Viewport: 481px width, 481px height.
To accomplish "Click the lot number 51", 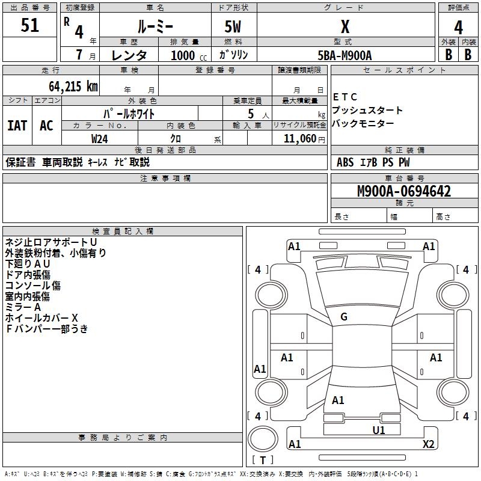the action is pyautogui.click(x=30, y=26).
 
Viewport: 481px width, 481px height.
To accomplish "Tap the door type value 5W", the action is pyautogui.click(x=233, y=27).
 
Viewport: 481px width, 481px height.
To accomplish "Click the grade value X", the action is pyautogui.click(x=345, y=27).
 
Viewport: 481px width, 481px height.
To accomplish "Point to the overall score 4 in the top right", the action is pyautogui.click(x=459, y=27).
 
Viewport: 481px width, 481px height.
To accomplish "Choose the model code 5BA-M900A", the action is pyautogui.click(x=345, y=55).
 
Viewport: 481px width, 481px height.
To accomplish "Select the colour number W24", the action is pyautogui.click(x=100, y=138).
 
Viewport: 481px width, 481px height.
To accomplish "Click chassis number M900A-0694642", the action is pyautogui.click(x=404, y=192).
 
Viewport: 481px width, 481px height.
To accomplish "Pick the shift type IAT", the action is pyautogui.click(x=17, y=126).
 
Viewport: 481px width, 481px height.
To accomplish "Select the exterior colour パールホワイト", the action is pyautogui.click(x=129, y=113).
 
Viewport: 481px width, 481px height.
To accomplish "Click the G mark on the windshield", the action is pyautogui.click(x=344, y=317).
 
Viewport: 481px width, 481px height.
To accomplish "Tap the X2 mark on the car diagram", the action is pyautogui.click(x=429, y=444).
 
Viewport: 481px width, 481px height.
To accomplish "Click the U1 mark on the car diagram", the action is pyautogui.click(x=379, y=430).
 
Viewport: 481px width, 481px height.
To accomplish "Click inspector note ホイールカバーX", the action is pyautogui.click(x=41, y=317).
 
